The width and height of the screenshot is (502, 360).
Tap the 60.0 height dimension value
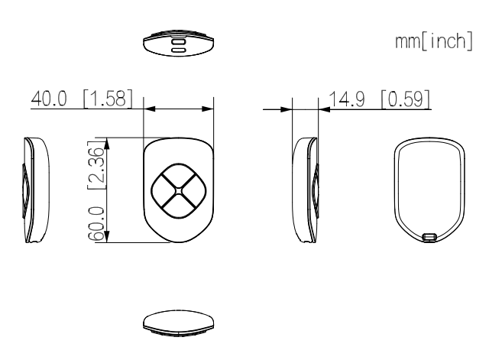click(x=96, y=223)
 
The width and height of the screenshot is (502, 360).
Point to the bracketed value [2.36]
click(x=96, y=164)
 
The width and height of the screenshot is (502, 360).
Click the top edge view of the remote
click(x=178, y=43)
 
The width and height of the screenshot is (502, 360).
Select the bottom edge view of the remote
click(x=178, y=322)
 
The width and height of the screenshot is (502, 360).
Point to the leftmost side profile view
click(x=36, y=190)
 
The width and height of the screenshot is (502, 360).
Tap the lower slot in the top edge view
click(x=178, y=50)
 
